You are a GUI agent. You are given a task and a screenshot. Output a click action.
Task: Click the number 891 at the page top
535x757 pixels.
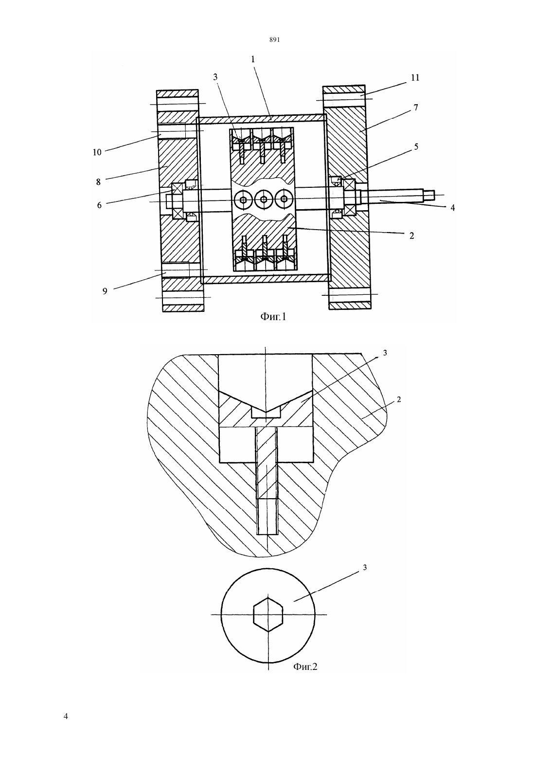tap(275, 40)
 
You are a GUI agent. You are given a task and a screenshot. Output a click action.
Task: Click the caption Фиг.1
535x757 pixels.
tap(273, 317)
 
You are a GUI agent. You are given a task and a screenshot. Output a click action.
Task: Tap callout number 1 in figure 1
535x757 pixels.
tap(252, 59)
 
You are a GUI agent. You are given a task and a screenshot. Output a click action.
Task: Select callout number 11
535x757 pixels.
tap(415, 78)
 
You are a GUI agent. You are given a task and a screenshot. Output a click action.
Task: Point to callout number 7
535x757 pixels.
tap(415, 108)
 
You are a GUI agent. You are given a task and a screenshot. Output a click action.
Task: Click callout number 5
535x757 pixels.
tap(416, 146)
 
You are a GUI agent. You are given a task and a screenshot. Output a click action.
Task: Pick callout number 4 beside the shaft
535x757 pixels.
tap(452, 208)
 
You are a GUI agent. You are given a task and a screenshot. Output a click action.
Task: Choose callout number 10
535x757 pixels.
tap(97, 152)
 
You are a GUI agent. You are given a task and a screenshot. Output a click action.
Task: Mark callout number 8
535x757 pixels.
tap(98, 182)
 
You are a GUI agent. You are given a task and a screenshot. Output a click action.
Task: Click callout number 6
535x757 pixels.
tap(99, 205)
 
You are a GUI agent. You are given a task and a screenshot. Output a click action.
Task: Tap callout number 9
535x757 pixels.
tap(105, 291)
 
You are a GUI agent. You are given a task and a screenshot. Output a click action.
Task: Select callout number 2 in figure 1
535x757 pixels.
tap(411, 236)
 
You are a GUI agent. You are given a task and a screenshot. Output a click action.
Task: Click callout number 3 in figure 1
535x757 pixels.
tap(215, 77)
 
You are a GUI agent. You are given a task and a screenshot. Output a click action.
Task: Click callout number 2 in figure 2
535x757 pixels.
tap(399, 399)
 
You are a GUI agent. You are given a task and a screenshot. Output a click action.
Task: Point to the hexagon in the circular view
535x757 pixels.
tap(268, 614)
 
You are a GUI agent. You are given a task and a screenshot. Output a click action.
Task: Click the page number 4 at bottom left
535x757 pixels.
tap(66, 716)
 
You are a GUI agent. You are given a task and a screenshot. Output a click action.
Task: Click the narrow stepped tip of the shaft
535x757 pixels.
tap(428, 195)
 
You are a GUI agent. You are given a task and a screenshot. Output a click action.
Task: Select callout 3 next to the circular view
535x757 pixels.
tap(365, 567)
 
